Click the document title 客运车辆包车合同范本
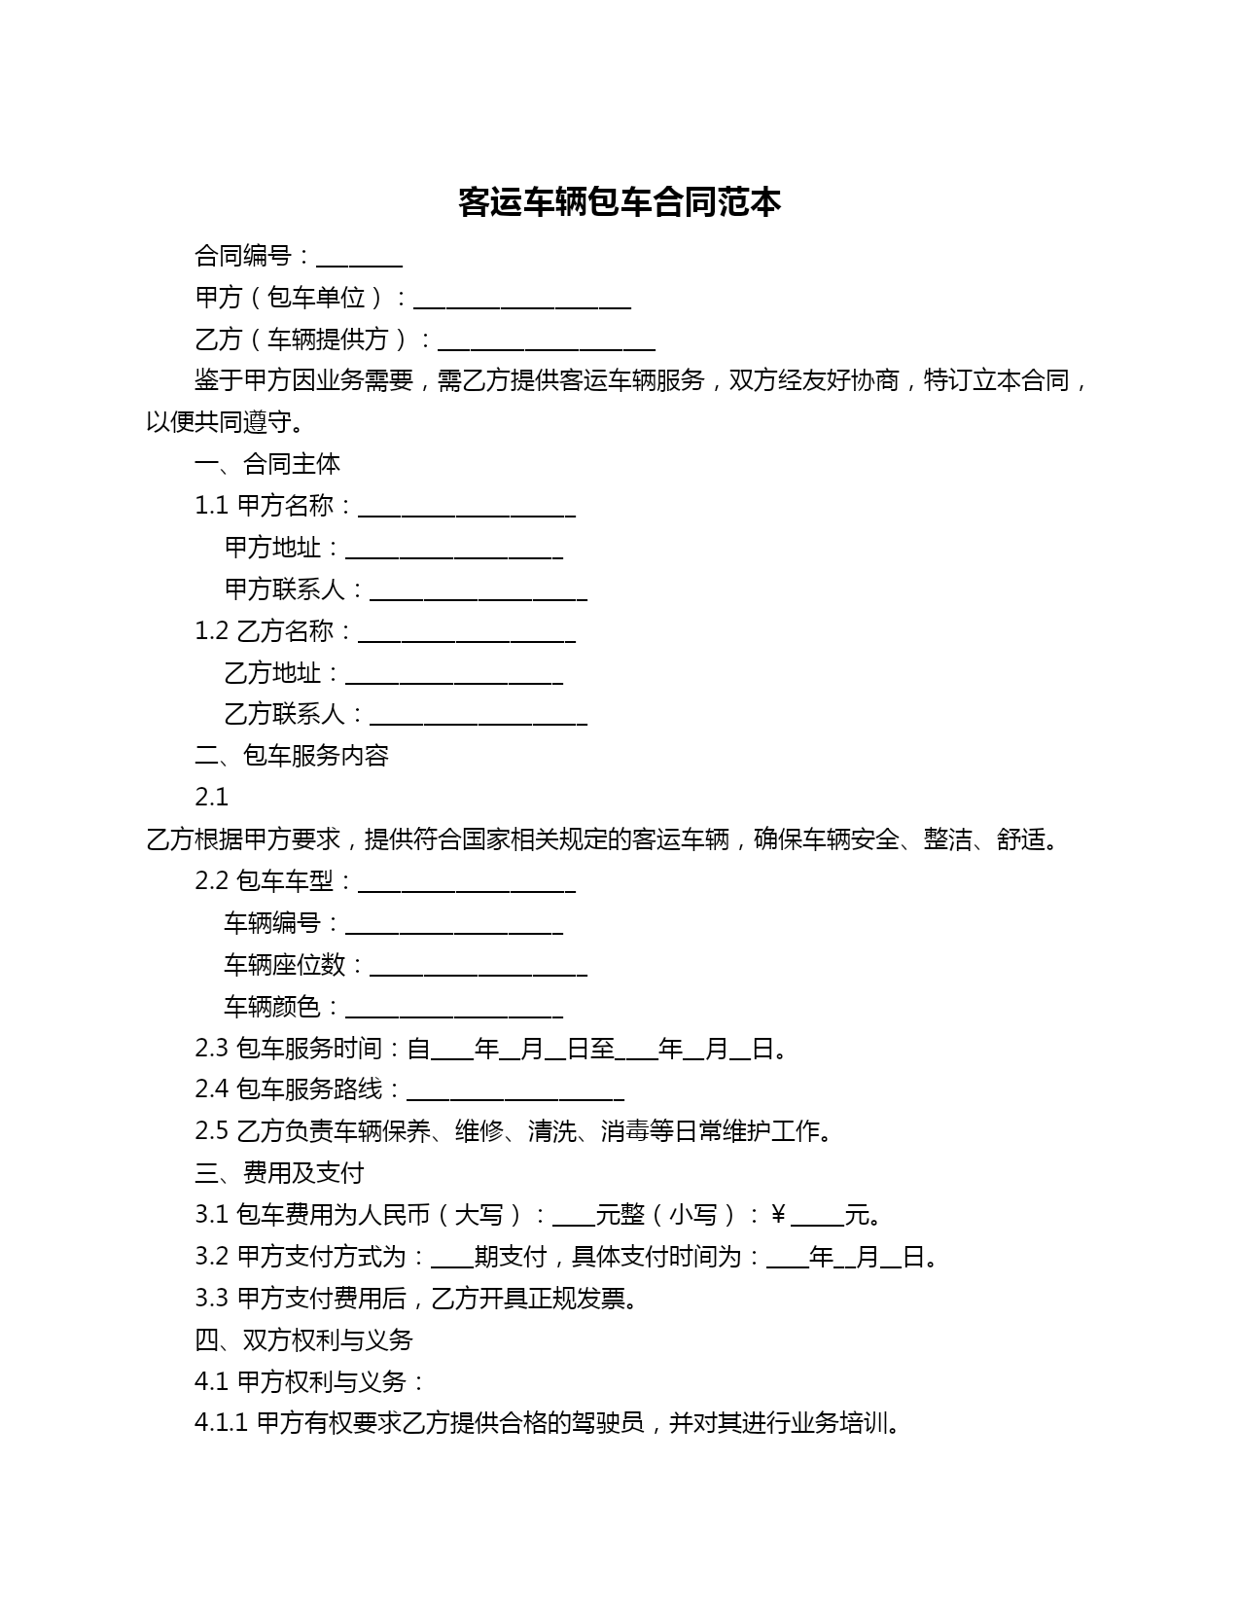pos(620,202)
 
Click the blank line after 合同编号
pos(359,259)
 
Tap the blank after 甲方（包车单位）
pos(522,301)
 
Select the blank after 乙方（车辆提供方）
pos(547,341)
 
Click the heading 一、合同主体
pos(267,464)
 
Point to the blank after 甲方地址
pos(454,551)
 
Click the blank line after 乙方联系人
pos(478,717)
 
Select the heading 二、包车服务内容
pos(292,756)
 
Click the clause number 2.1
pos(211,798)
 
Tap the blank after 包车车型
pos(467,884)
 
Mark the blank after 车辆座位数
pos(478,968)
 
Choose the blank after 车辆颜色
pos(454,1010)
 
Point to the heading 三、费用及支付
pos(279,1173)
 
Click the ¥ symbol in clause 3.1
pos(778,1215)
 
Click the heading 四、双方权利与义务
pos(303,1340)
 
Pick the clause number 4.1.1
pos(222,1423)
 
